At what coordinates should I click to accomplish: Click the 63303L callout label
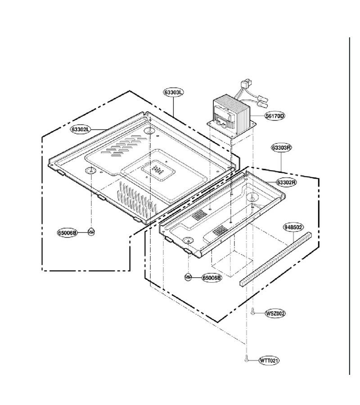(174, 92)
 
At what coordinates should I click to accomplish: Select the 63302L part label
(80, 130)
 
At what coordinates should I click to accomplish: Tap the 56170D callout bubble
(275, 116)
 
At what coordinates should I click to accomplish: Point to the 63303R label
(282, 148)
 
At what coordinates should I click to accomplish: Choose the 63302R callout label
(286, 182)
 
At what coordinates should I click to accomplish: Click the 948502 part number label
(293, 227)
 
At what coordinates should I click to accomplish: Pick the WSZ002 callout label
(275, 314)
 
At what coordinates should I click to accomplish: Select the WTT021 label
(269, 360)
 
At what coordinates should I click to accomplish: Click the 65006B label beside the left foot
(67, 233)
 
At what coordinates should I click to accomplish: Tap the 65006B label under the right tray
(212, 278)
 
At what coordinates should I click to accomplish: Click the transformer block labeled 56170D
(232, 114)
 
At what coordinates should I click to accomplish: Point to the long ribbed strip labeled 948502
(275, 259)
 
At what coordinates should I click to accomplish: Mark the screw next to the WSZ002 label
(253, 312)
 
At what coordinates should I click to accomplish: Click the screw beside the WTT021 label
(246, 359)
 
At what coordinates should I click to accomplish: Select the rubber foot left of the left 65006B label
(91, 231)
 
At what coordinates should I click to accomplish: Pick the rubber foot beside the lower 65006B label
(188, 277)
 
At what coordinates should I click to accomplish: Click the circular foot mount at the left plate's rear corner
(150, 130)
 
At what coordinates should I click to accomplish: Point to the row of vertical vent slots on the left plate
(137, 199)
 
